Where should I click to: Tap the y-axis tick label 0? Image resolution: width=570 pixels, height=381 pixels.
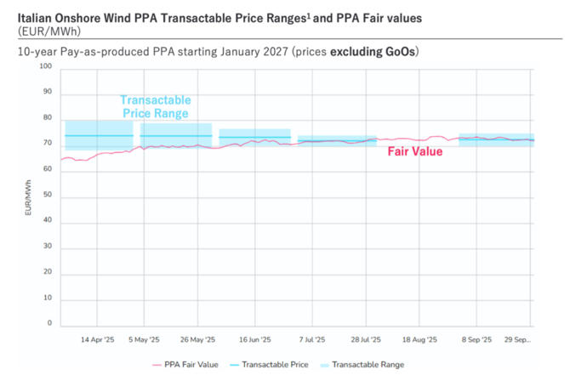(x=50, y=324)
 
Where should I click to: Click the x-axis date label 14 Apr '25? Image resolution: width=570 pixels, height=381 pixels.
(x=97, y=339)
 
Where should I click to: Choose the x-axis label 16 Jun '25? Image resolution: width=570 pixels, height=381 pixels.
(x=254, y=339)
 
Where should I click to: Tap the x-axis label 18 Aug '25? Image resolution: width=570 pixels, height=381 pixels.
(x=419, y=339)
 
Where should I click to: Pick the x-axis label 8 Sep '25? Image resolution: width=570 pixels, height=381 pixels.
(x=476, y=339)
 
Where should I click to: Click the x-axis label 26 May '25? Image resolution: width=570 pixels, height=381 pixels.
(x=198, y=339)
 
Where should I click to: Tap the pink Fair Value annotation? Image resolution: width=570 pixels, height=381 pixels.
(x=415, y=151)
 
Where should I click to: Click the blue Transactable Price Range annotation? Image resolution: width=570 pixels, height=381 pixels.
(x=154, y=105)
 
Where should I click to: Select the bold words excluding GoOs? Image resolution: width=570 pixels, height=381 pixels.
(x=374, y=51)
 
